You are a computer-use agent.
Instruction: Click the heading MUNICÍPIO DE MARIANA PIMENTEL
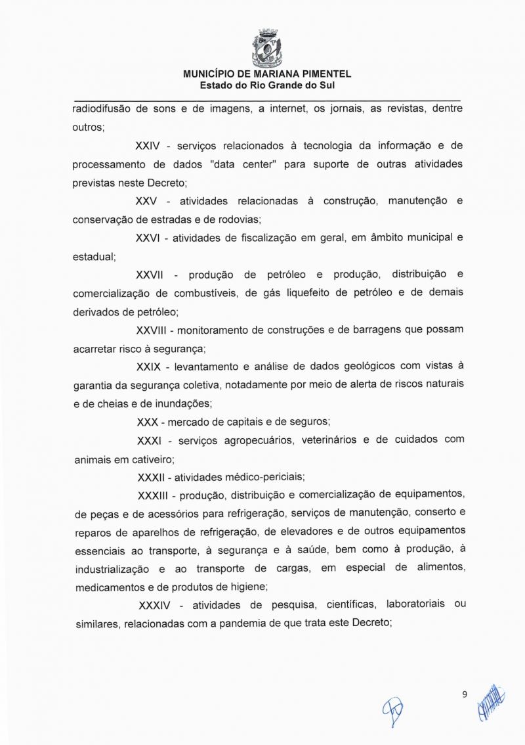click(x=267, y=75)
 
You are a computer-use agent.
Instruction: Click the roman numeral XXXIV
click(x=157, y=604)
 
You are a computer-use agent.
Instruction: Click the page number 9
click(x=465, y=694)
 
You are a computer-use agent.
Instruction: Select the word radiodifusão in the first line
click(x=100, y=109)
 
